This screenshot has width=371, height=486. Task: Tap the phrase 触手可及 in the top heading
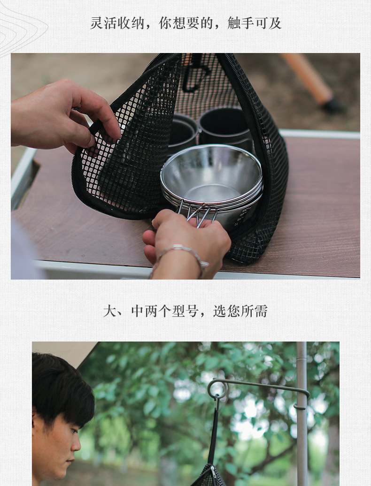[x=255, y=23]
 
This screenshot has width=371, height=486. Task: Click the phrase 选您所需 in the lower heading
[x=240, y=311]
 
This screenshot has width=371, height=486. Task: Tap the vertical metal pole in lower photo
[x=301, y=422]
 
